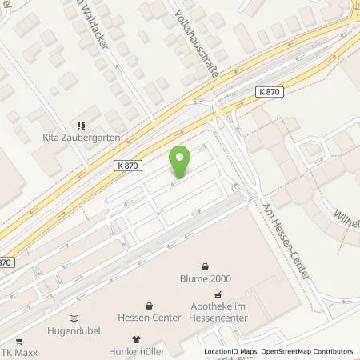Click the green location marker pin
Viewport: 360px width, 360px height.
tap(181, 161)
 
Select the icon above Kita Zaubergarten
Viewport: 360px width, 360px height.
tap(79, 125)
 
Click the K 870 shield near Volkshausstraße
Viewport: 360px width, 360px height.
tap(270, 94)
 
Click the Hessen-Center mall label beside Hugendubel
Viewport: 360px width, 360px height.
tap(150, 317)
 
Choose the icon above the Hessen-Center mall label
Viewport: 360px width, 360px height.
tap(150, 305)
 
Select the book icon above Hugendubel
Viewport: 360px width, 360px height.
tap(74, 317)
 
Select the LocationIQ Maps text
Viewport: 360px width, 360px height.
tap(231, 351)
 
